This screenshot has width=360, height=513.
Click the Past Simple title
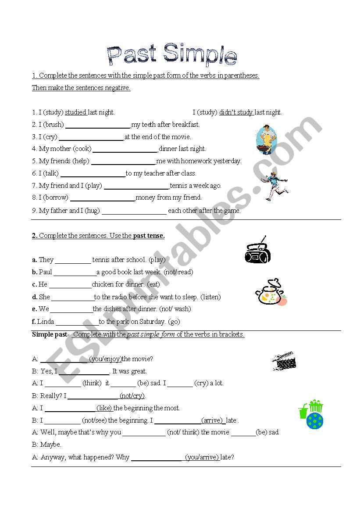click(172, 55)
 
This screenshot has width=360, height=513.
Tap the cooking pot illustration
click(270, 292)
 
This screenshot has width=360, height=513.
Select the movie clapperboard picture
click(284, 361)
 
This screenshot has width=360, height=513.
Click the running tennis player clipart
click(275, 185)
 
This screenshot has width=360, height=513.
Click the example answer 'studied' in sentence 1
click(76, 112)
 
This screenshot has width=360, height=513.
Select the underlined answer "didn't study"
click(236, 112)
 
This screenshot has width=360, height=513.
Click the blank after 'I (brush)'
click(98, 125)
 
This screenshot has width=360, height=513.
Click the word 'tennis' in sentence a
click(101, 260)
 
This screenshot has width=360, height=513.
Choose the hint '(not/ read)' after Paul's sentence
click(178, 272)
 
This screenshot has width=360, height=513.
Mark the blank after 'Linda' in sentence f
click(77, 322)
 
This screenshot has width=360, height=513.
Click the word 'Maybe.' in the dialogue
click(51, 445)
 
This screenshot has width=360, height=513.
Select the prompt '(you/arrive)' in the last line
click(202, 457)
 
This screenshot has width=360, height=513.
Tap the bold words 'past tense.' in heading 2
click(149, 236)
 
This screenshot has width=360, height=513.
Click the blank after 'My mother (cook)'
click(125, 149)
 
